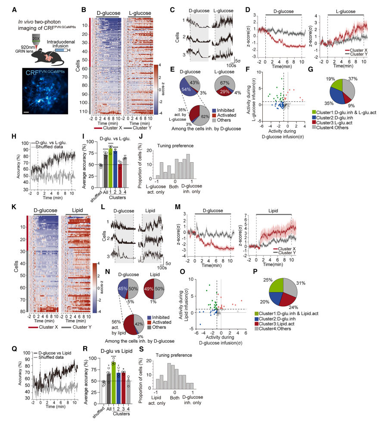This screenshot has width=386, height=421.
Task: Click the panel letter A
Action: (x=15, y=9)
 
